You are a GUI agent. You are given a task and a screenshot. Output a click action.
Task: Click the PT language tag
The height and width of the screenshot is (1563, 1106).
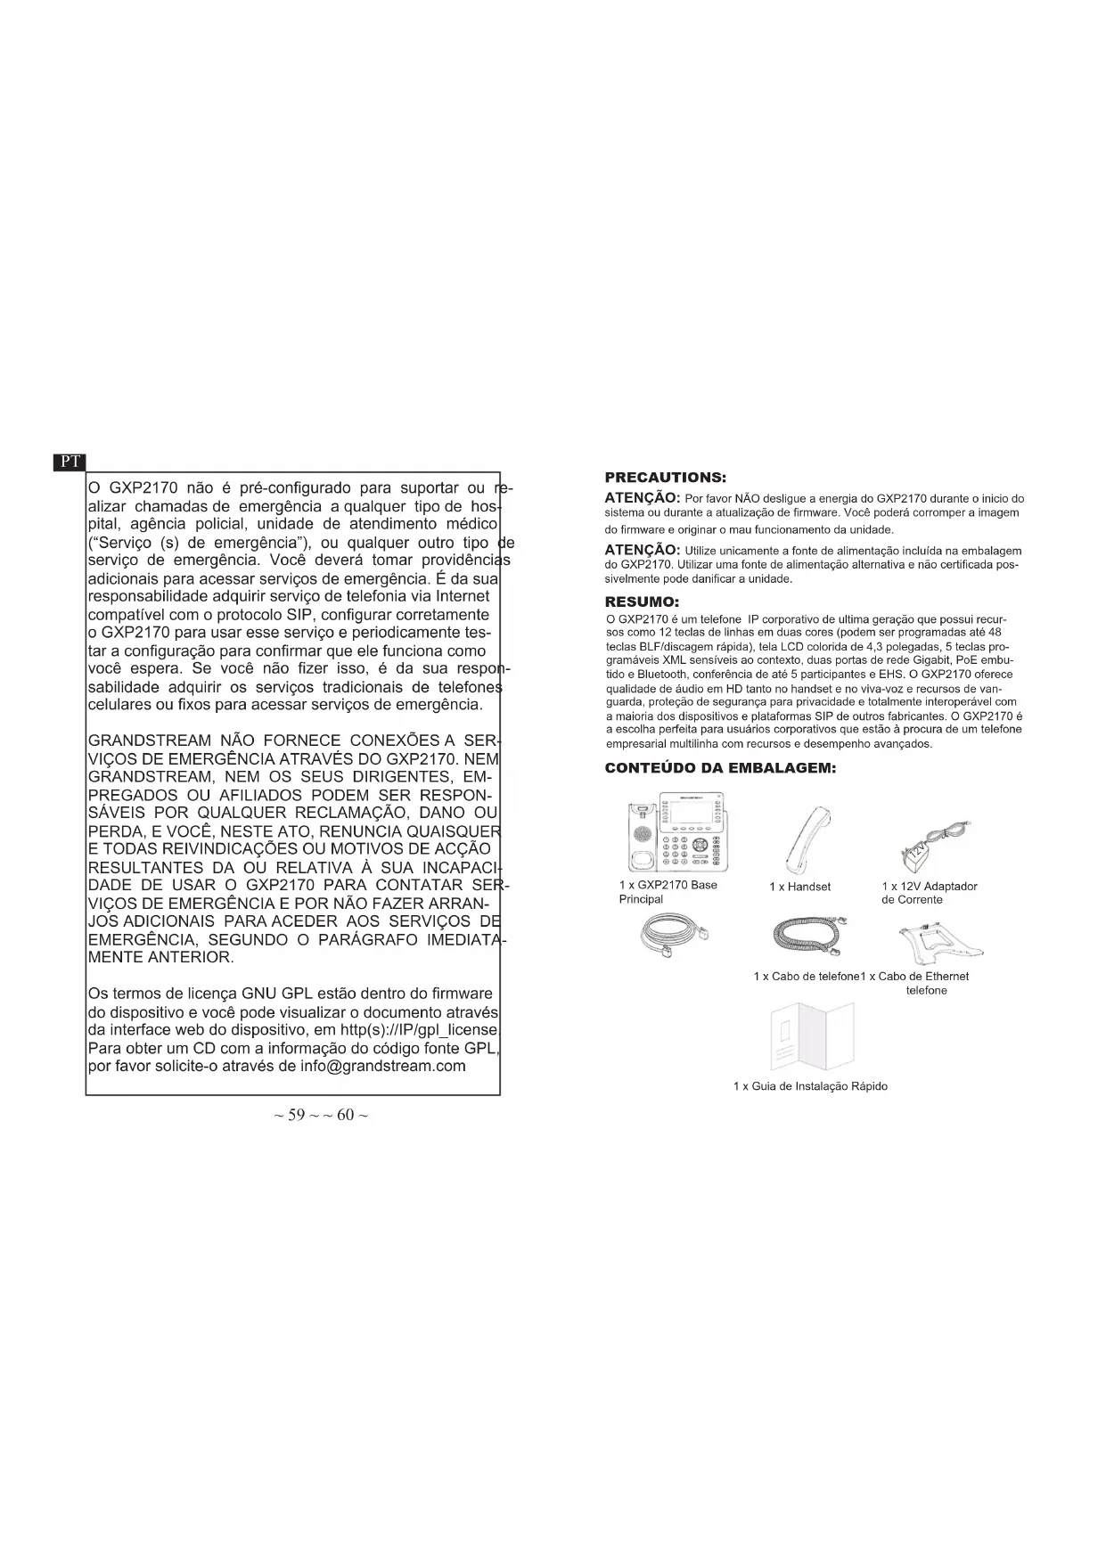click(x=70, y=462)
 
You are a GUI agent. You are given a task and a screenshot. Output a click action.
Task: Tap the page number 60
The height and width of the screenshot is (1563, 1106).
click(x=347, y=1115)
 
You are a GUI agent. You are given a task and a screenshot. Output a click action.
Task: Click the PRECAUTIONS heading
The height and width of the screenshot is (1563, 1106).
click(x=665, y=479)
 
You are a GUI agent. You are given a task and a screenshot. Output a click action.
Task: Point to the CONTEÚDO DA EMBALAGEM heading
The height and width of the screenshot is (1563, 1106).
click(x=719, y=768)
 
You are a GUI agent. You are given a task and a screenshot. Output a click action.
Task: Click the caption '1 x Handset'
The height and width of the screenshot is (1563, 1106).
click(x=799, y=887)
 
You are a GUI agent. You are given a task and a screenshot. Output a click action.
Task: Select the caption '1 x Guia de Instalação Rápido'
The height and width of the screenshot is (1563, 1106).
click(x=809, y=1086)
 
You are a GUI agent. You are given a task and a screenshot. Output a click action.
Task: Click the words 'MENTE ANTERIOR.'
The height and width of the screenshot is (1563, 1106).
click(x=160, y=957)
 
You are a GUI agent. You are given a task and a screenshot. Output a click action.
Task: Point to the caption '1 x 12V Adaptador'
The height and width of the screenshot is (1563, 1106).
click(x=929, y=886)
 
